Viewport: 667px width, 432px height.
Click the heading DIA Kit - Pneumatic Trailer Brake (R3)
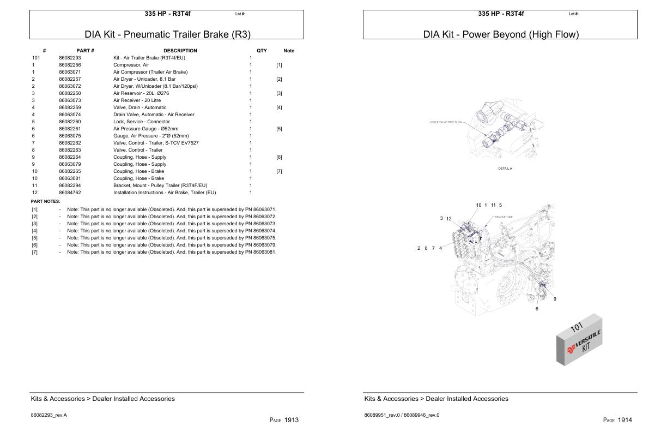click(x=167, y=34)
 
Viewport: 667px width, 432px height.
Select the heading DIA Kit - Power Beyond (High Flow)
click(x=501, y=34)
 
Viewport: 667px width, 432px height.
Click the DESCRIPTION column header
click(x=180, y=51)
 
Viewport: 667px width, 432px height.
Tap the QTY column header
click(x=262, y=51)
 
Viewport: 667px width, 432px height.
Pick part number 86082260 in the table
click(x=70, y=122)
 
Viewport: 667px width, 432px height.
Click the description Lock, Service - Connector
click(x=141, y=122)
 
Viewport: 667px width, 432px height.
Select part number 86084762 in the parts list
click(x=70, y=193)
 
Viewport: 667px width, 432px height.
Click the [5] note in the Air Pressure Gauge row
click(x=279, y=129)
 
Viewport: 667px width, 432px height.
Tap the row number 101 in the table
click(x=36, y=58)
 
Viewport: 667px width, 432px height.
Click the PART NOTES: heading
click(x=45, y=201)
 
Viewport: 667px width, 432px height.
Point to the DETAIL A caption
click(x=505, y=169)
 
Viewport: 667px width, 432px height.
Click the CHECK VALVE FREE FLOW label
click(x=445, y=122)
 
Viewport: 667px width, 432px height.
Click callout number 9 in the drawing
click(x=555, y=299)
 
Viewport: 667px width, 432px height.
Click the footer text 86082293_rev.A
click(x=49, y=415)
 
